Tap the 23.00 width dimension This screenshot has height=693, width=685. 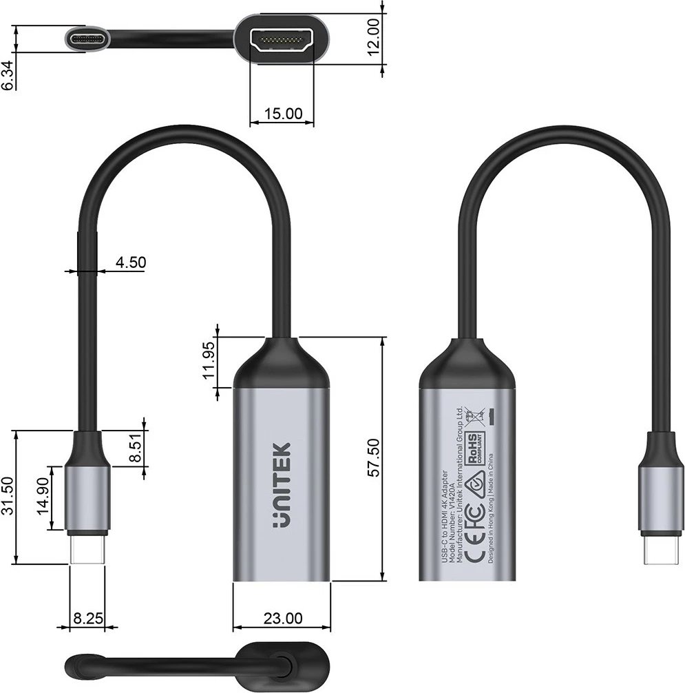point(282,619)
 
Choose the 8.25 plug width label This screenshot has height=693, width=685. point(87,619)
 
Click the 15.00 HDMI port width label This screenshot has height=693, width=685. point(283,114)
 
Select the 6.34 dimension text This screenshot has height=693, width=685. point(8,74)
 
